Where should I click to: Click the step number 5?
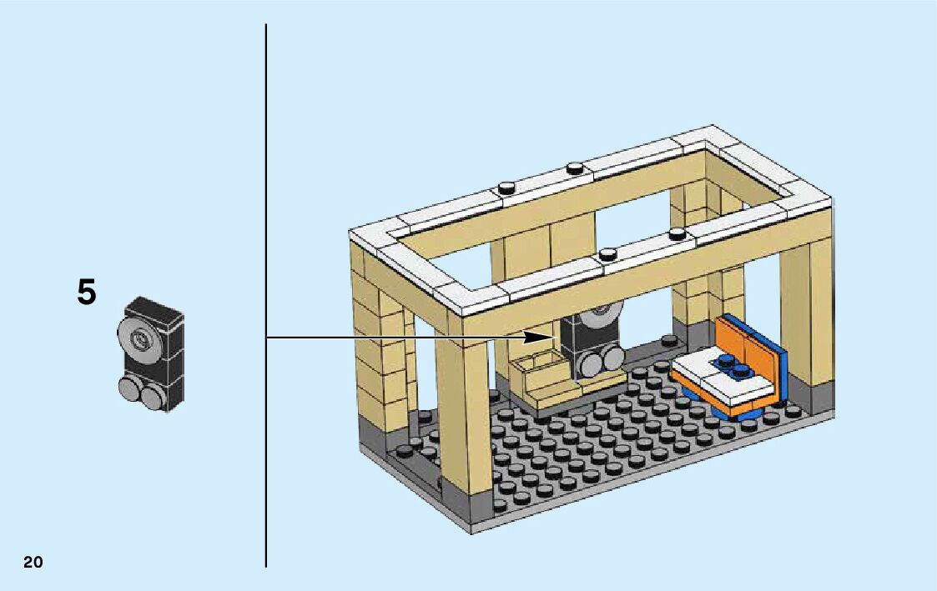pos(87,293)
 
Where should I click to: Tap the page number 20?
pos(33,562)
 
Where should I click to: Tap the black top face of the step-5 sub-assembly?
pos(154,308)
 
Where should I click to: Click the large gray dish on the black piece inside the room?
pos(604,318)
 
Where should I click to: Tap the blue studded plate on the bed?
pos(732,363)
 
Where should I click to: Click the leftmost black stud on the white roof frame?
pos(506,188)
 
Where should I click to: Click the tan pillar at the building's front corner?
pos(464,408)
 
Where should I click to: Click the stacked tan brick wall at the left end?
pos(380,350)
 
